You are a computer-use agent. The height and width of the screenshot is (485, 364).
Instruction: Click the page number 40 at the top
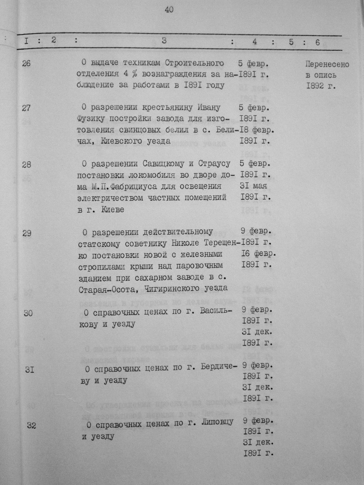[169, 10]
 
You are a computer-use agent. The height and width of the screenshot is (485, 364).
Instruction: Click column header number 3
[164, 41]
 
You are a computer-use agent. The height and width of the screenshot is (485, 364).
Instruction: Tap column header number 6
[317, 42]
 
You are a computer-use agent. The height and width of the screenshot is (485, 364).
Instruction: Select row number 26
[26, 64]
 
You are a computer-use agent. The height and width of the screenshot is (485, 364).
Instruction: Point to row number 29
[27, 233]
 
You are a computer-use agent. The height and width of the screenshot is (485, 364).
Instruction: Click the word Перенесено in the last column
[327, 65]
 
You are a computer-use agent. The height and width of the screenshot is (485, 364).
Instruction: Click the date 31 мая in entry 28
[254, 186]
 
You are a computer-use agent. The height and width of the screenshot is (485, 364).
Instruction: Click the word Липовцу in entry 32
[217, 422]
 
